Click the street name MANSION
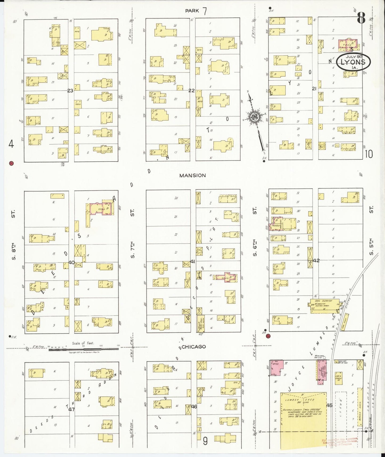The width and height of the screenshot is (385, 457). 192,175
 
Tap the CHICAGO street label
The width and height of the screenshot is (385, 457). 194,347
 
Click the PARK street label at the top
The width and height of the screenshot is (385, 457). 192,11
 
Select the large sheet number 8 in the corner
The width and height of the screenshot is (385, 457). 361,18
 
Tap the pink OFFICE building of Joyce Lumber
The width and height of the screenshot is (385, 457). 276,368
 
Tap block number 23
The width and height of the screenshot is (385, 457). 70,91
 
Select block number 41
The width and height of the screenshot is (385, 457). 193,262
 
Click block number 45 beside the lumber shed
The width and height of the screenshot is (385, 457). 329,405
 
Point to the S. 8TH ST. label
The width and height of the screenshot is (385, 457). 14,235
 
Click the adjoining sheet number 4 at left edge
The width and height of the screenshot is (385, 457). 11,144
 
